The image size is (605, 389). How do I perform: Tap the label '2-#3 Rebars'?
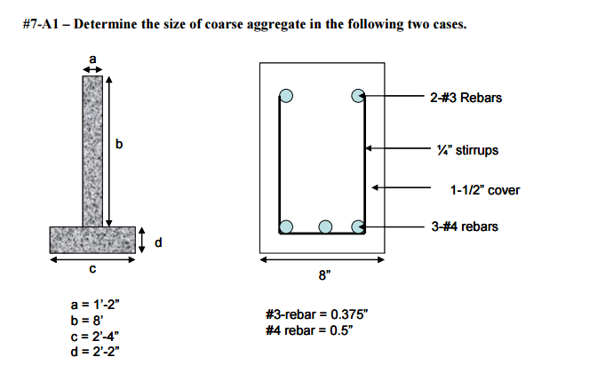click(466, 97)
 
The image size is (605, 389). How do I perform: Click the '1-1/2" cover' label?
click(485, 190)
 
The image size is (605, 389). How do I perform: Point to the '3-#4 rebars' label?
click(464, 226)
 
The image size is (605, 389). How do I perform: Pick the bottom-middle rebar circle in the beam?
click(324, 226)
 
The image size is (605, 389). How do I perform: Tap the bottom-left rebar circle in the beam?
click(285, 226)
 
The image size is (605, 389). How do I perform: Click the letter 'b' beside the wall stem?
click(120, 144)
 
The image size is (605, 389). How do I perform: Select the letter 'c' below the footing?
click(92, 270)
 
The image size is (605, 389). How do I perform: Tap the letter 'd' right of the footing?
click(158, 242)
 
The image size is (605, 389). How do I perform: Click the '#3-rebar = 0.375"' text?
click(315, 315)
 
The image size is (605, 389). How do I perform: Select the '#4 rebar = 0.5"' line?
click(308, 330)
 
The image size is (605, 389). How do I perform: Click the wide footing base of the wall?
click(92, 239)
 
